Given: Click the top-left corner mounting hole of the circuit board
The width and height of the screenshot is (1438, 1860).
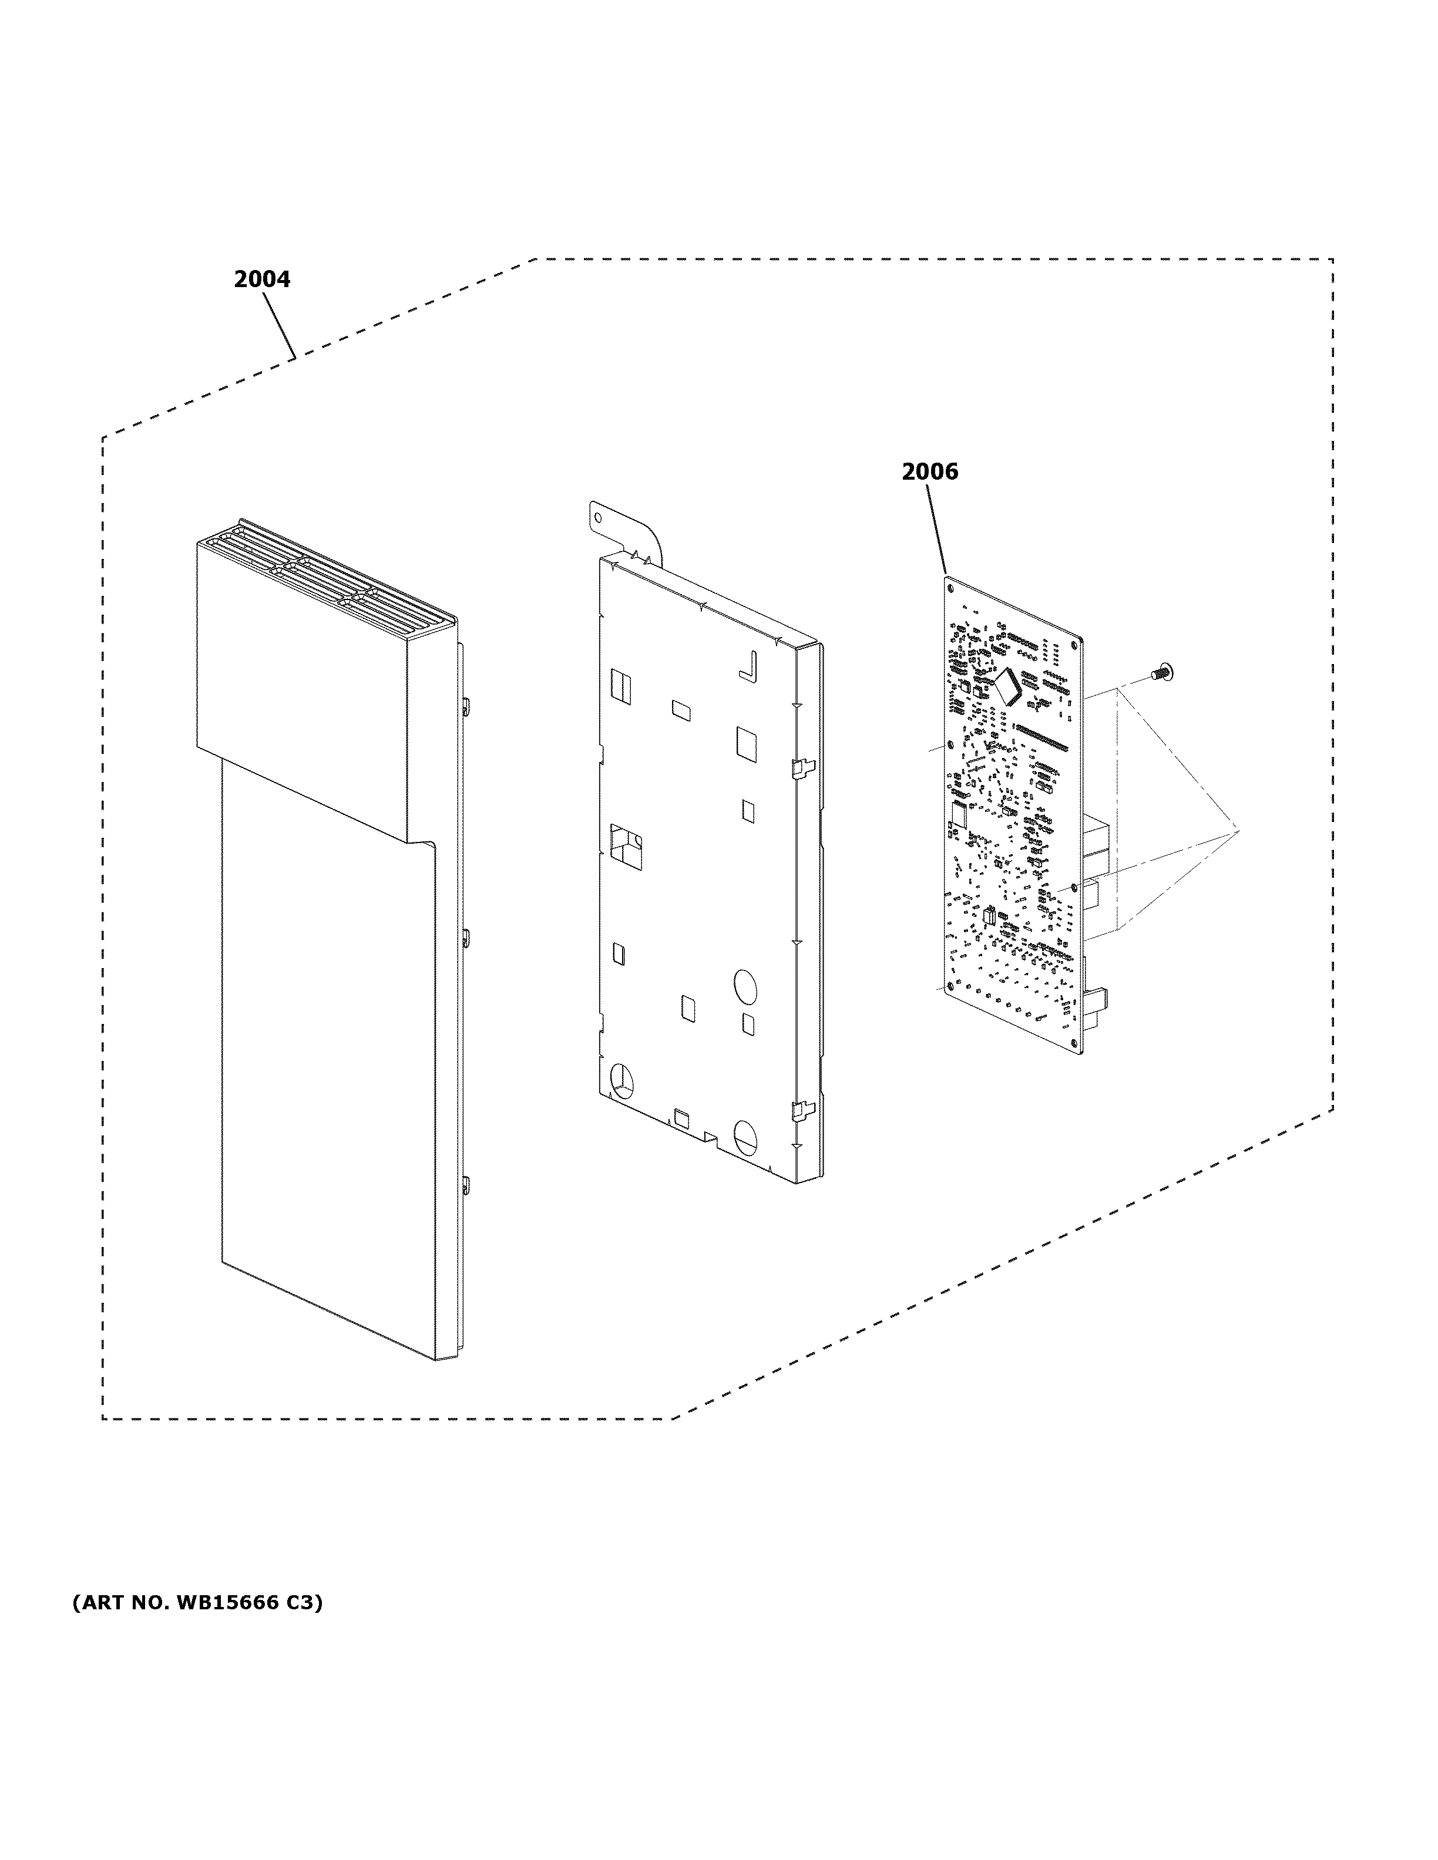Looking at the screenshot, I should [950, 586].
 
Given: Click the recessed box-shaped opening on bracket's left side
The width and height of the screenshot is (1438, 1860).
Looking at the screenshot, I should [626, 847].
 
